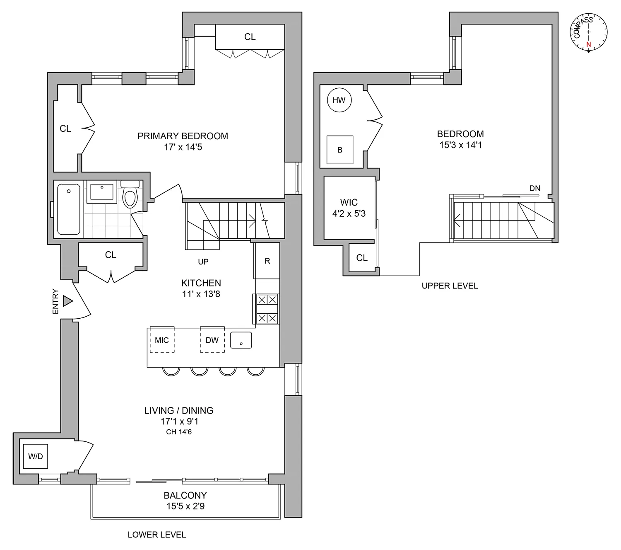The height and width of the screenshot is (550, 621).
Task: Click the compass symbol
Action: tap(589, 33)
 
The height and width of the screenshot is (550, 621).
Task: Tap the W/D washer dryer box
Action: tap(35, 456)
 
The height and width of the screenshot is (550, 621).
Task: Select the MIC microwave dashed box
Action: tap(162, 340)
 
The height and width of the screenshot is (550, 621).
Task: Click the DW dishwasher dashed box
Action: tap(212, 340)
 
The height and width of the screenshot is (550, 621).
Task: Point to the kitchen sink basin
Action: tap(241, 340)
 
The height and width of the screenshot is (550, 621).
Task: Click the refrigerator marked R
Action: tap(267, 261)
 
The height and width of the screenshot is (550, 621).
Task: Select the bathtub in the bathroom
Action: tap(68, 209)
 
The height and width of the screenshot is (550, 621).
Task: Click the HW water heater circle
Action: tap(339, 100)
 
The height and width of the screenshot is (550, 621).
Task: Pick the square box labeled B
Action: tap(339, 150)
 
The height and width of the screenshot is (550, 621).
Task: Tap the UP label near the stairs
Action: tap(203, 262)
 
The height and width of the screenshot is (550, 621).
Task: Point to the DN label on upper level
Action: tap(534, 188)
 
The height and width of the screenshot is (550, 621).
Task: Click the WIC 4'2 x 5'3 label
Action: tap(349, 208)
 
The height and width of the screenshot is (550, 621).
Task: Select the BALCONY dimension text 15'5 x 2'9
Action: tap(185, 506)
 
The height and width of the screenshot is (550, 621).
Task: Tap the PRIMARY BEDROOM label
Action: tap(183, 136)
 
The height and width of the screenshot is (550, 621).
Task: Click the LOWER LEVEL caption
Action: tap(156, 535)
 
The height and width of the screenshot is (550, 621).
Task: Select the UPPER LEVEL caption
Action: tap(450, 286)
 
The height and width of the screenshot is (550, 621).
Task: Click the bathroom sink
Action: tap(102, 191)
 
